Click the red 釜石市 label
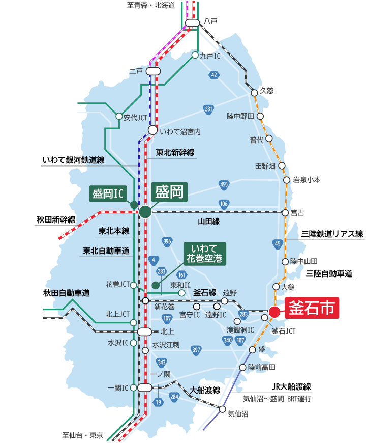click(x=312, y=309)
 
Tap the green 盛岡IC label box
click(x=108, y=193)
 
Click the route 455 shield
click(x=224, y=184)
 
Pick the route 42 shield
click(x=214, y=75)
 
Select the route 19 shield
click(x=159, y=403)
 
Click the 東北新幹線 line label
click(x=175, y=152)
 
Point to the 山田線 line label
click(x=208, y=222)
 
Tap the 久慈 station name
click(x=266, y=91)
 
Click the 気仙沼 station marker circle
click(x=222, y=409)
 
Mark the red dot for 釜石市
click(x=274, y=312)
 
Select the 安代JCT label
click(x=135, y=117)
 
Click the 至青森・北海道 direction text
click(x=150, y=5)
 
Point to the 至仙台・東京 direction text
click(x=83, y=435)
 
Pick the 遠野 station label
click(x=230, y=293)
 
